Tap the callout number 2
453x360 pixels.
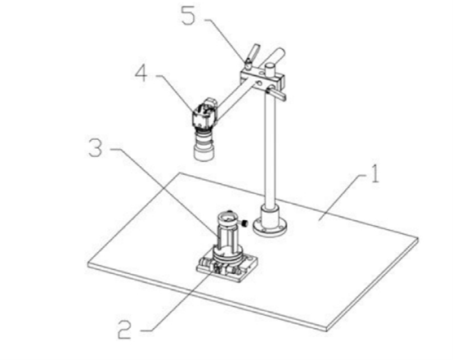tap(124, 330)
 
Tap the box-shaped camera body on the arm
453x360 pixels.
tap(203, 118)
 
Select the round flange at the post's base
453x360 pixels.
tap(270, 223)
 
